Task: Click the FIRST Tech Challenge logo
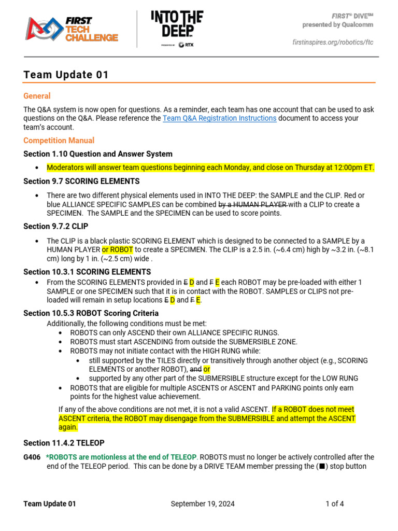(73, 29)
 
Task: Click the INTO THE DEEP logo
(177, 29)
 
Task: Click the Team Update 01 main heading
(66, 75)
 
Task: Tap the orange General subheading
(37, 96)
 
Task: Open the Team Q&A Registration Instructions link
(219, 118)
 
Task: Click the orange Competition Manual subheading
(59, 141)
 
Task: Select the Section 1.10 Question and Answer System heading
(98, 154)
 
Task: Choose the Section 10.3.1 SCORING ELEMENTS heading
(87, 272)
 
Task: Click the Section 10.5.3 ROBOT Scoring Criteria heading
(91, 313)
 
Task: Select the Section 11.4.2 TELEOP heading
(64, 443)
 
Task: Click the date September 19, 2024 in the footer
(202, 504)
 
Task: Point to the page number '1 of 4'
(334, 504)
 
